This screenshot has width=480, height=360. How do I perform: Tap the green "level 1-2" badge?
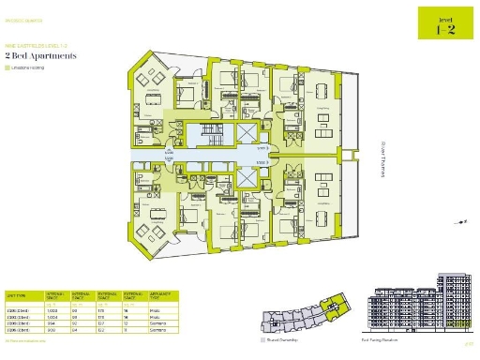(444, 22)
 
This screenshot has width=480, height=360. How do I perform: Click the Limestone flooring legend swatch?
(8, 67)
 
